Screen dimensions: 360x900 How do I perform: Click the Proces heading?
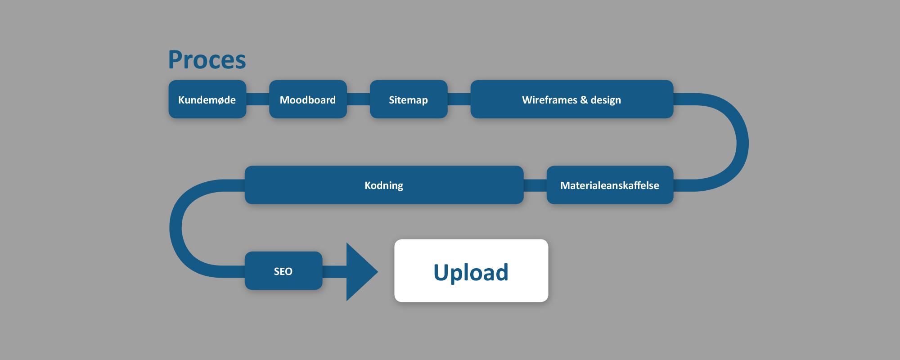[207, 60]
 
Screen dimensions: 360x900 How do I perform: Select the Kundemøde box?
[207, 99]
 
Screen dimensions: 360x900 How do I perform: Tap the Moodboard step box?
[308, 99]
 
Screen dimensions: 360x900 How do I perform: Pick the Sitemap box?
[408, 99]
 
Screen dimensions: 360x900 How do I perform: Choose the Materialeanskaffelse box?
[610, 185]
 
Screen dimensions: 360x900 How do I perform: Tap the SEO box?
[283, 271]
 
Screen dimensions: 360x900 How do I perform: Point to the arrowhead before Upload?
[360, 271]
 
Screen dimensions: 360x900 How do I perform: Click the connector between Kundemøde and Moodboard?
[257, 99]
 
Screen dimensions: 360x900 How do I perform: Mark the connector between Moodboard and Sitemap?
[358, 99]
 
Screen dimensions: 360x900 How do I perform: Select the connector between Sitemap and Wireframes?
[459, 99]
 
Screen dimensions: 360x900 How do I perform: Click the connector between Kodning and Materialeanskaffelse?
[535, 185]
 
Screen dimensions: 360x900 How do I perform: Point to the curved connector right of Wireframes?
[742, 142]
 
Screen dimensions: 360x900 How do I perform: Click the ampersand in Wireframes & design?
[584, 100]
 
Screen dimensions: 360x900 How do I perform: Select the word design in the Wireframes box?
[606, 100]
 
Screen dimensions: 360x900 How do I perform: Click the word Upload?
[471, 272]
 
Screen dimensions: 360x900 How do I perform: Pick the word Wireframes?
[549, 100]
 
